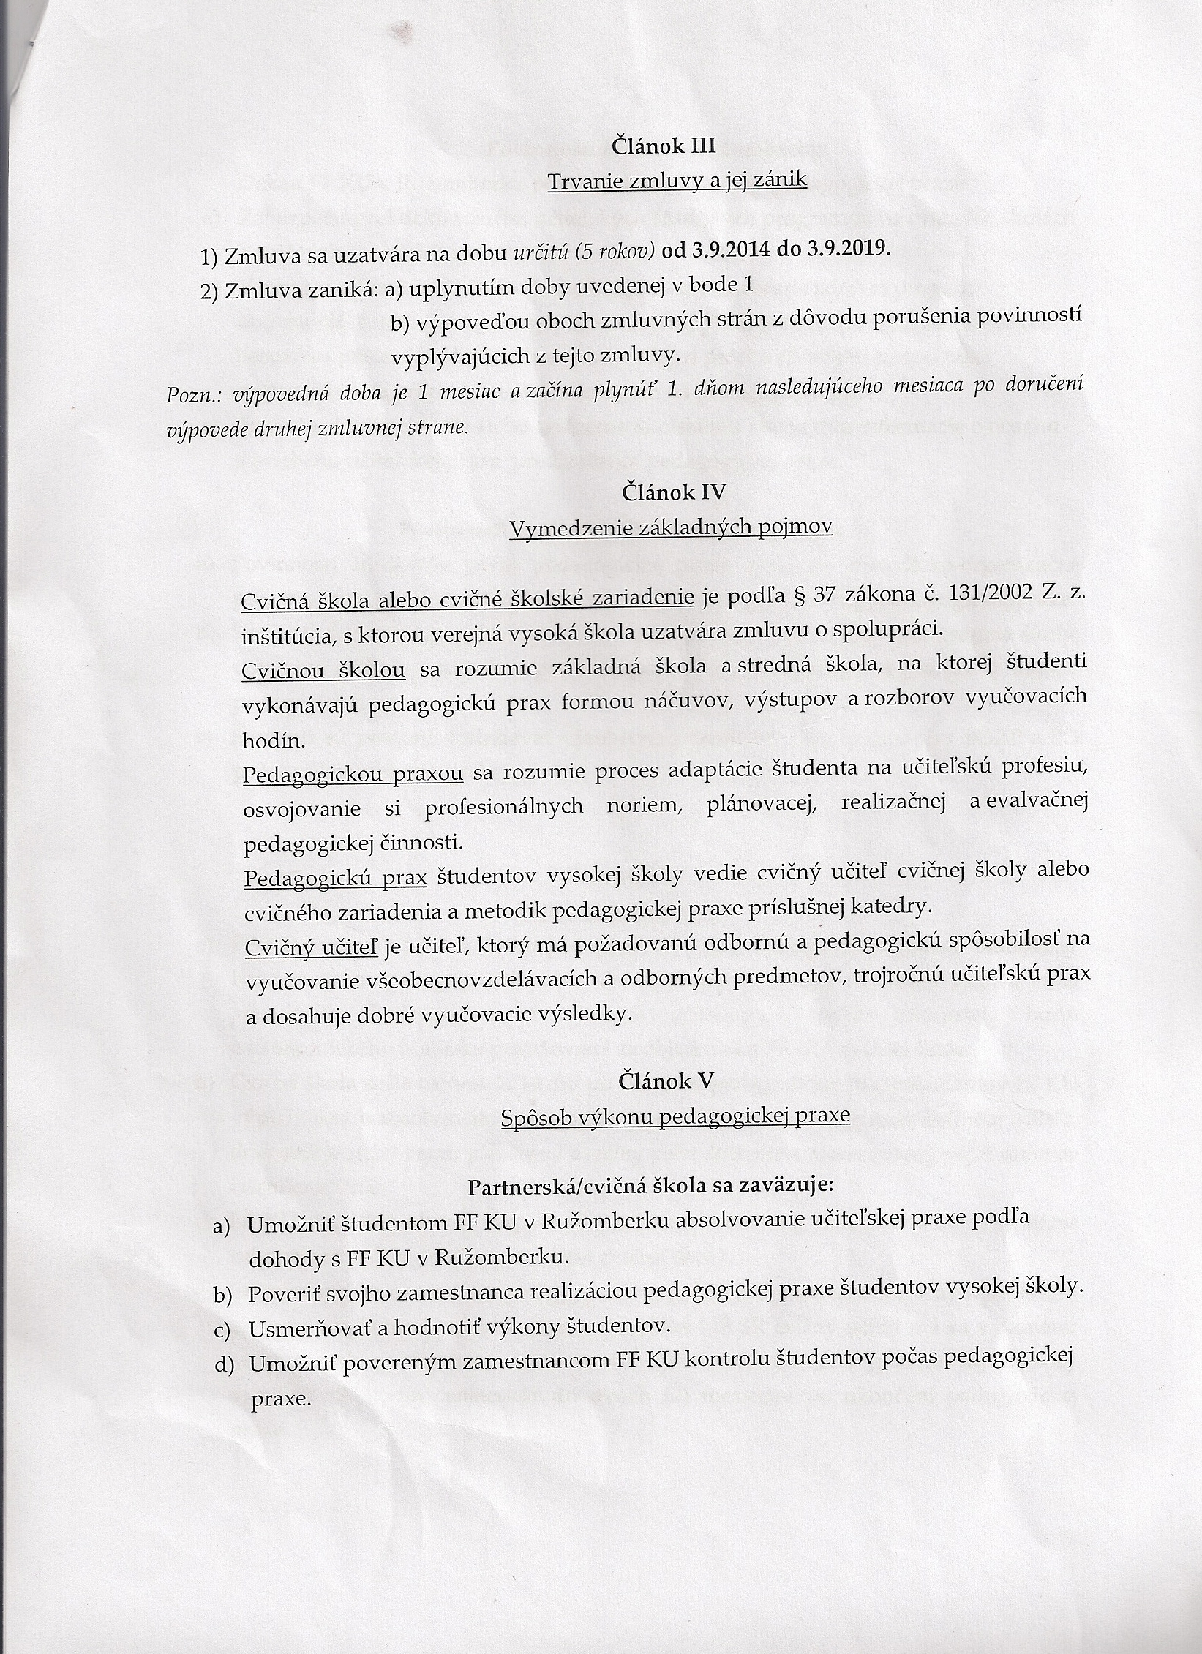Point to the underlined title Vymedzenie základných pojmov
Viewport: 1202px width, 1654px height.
click(x=670, y=527)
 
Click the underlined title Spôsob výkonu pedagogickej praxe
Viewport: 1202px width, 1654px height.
click(x=675, y=1115)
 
